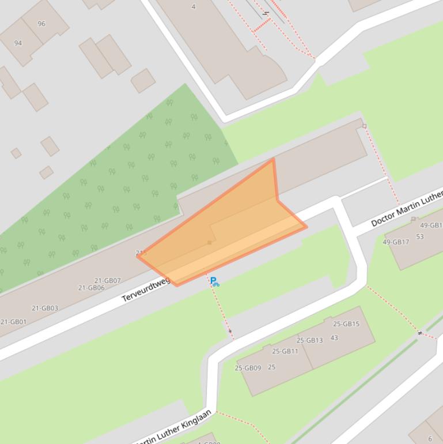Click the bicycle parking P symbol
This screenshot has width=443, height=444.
coord(214,281)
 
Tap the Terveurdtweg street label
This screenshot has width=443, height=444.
coord(146,289)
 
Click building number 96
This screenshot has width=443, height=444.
coord(41,24)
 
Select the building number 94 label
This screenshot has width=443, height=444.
coord(18,43)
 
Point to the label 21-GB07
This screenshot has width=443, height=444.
coord(108,281)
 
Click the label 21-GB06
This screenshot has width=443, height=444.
coord(92,288)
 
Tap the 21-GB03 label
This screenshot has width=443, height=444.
coord(45,308)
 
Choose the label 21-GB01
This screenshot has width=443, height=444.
coord(13,322)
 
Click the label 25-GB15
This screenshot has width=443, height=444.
coord(346,324)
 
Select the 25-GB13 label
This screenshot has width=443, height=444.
coord(310,340)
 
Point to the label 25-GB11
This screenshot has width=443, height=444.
coord(285,351)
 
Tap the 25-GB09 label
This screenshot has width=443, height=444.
coord(248,368)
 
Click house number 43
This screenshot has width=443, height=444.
coord(334,338)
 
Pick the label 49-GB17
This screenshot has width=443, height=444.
coord(396,242)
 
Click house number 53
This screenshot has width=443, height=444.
coord(420,236)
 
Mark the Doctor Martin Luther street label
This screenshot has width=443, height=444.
coord(407,208)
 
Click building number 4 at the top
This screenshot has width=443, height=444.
coord(194,7)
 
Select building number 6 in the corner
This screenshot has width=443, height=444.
coord(430,438)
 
